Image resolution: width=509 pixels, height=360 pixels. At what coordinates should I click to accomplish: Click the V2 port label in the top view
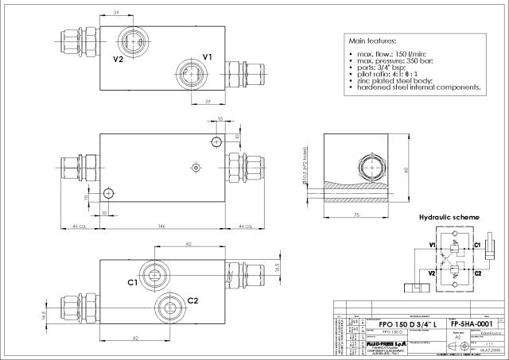point(118,59)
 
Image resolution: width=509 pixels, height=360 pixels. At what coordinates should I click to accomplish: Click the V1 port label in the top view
point(208,57)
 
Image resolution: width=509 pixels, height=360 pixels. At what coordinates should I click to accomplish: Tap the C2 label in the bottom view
point(192,300)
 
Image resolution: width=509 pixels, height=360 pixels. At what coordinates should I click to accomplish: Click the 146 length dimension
point(162,226)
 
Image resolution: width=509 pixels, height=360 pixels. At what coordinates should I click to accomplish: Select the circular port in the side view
point(371,168)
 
